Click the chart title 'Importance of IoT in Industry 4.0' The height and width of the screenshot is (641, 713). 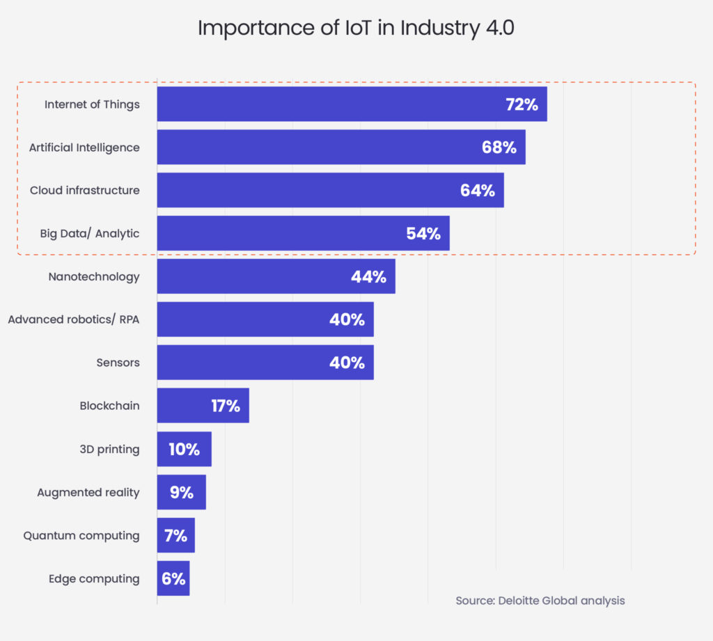coord(356,29)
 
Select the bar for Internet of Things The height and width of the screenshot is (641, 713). coord(334,104)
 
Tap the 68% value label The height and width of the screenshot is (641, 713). coord(499,148)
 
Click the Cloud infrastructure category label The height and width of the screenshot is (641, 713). coord(84,191)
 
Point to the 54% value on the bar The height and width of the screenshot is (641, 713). coord(423,234)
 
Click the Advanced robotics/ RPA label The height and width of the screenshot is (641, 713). coord(73,319)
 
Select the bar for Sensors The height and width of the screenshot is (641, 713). coord(251,363)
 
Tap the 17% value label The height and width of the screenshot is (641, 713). coord(226,406)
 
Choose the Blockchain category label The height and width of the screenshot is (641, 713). coord(109,406)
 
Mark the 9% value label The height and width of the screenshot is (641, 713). coord(181,493)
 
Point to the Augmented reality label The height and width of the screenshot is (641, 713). coord(88,493)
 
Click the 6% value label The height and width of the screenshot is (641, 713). coord(174,579)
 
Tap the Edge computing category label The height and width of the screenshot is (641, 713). coord(94,579)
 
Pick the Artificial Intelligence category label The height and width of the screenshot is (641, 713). coord(84,148)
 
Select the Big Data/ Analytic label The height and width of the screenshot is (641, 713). coord(89,234)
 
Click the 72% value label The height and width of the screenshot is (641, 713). coord(522,104)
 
